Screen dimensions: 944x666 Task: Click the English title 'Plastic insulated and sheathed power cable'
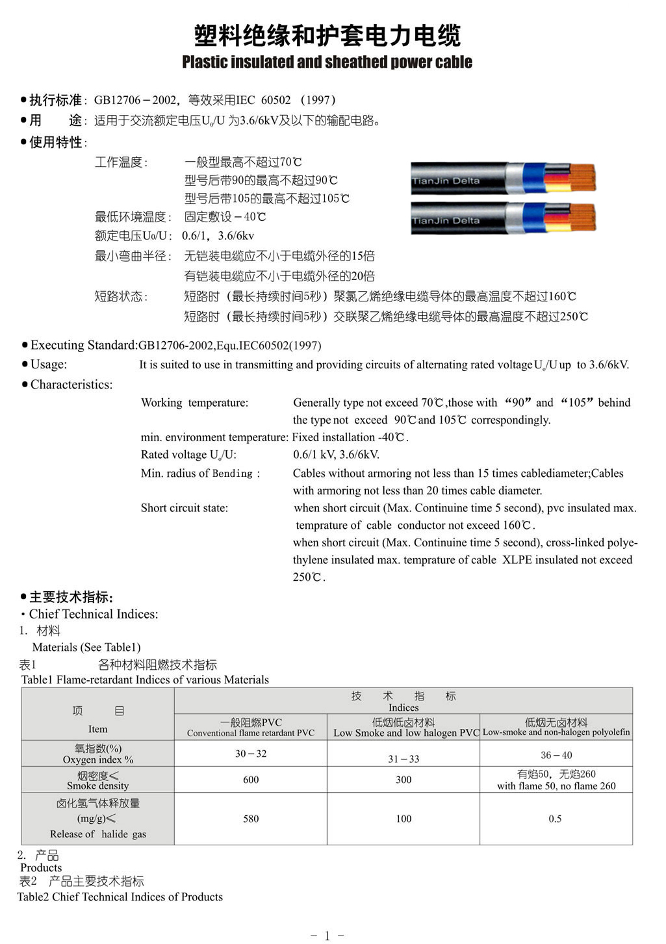327,62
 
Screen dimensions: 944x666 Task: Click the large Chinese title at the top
327,36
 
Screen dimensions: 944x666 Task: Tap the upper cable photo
504,177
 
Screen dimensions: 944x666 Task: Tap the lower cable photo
504,218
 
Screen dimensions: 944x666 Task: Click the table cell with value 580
251,819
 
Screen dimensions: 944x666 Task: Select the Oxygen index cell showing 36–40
556,755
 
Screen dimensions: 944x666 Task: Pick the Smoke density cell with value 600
251,780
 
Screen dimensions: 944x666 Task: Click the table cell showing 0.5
555,819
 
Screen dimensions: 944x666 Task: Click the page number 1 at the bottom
327,936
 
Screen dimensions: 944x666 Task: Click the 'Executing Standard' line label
84,345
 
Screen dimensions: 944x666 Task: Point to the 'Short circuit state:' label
185,508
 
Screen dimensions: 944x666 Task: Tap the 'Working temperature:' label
194,403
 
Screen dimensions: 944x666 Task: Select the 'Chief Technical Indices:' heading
94,614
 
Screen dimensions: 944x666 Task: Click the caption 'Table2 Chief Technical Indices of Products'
120,897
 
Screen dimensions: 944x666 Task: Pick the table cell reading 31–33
403,759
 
